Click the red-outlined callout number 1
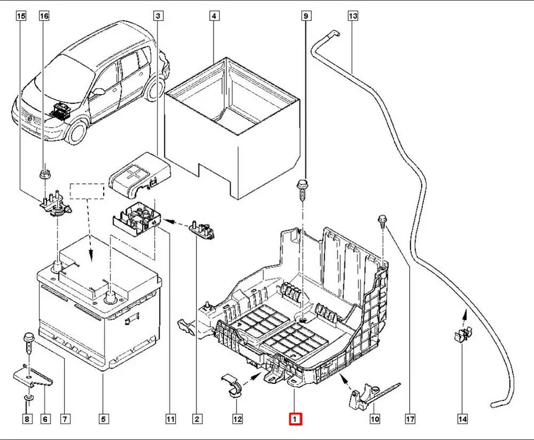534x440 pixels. pyautogui.click(x=295, y=419)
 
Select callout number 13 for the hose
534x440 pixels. pyautogui.click(x=352, y=16)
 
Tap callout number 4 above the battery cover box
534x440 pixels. pyautogui.click(x=214, y=16)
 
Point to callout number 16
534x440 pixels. pyautogui.click(x=44, y=16)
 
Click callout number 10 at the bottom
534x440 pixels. pyautogui.click(x=375, y=419)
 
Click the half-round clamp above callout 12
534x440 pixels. pyautogui.click(x=231, y=386)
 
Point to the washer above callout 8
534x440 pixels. pyautogui.click(x=27, y=398)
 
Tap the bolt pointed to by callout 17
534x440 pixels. pyautogui.click(x=382, y=220)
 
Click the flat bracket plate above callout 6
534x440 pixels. pyautogui.click(x=32, y=377)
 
